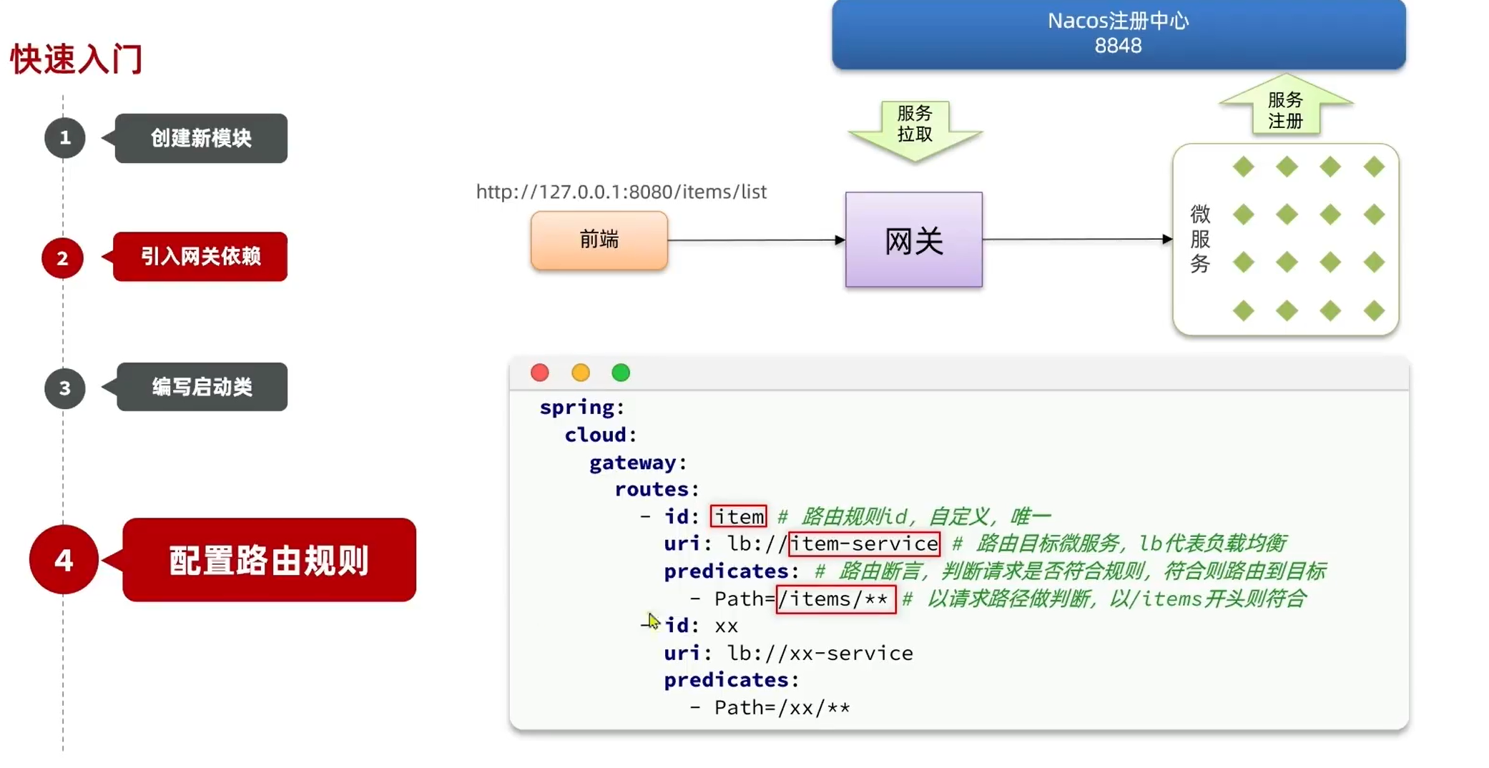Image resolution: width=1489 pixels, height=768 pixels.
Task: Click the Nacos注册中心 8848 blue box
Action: coord(1118,34)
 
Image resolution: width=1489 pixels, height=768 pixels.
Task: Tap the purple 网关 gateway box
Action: coord(913,240)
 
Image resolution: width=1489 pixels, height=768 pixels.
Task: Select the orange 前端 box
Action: coord(599,240)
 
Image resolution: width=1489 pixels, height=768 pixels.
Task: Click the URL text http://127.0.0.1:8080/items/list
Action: coord(621,192)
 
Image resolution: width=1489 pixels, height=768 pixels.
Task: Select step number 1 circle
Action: coord(64,137)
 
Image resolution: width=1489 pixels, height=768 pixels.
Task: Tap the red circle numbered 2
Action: coord(62,258)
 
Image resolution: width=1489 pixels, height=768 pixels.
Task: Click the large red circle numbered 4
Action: coord(64,560)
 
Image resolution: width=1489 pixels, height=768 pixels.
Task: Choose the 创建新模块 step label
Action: coord(201,138)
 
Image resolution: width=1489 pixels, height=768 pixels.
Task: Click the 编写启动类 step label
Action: coord(202,387)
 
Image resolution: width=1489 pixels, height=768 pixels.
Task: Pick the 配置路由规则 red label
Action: coord(269,560)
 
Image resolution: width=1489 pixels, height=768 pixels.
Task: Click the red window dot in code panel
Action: coord(540,373)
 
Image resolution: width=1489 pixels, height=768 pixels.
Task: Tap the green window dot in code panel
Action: coord(621,373)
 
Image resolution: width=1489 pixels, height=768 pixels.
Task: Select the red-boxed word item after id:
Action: coord(739,516)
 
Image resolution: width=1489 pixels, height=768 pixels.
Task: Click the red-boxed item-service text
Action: coord(864,543)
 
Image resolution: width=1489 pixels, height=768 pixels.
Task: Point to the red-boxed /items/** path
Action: coord(835,599)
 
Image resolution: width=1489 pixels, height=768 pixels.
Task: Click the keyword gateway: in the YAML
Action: coord(637,463)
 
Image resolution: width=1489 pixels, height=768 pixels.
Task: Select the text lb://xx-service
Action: coord(820,653)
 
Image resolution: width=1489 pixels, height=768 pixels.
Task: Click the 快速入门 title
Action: coord(77,59)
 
